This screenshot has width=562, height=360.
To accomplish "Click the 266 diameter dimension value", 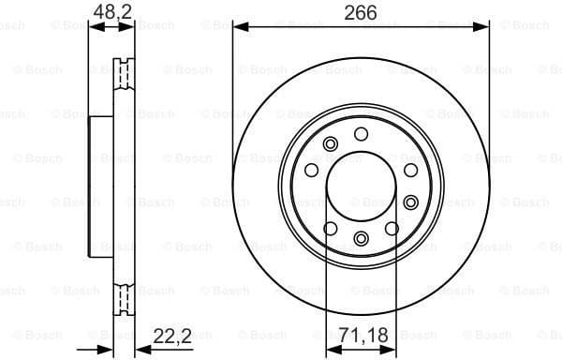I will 360,13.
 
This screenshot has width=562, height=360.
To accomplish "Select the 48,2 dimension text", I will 111,13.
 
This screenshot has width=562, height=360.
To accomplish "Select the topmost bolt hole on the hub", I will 361,134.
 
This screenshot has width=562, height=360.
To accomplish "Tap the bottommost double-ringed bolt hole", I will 361,238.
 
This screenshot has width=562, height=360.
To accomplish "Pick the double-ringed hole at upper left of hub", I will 330,144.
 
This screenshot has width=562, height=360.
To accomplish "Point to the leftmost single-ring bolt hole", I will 311,172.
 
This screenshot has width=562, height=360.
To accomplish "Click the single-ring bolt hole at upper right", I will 409,171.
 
